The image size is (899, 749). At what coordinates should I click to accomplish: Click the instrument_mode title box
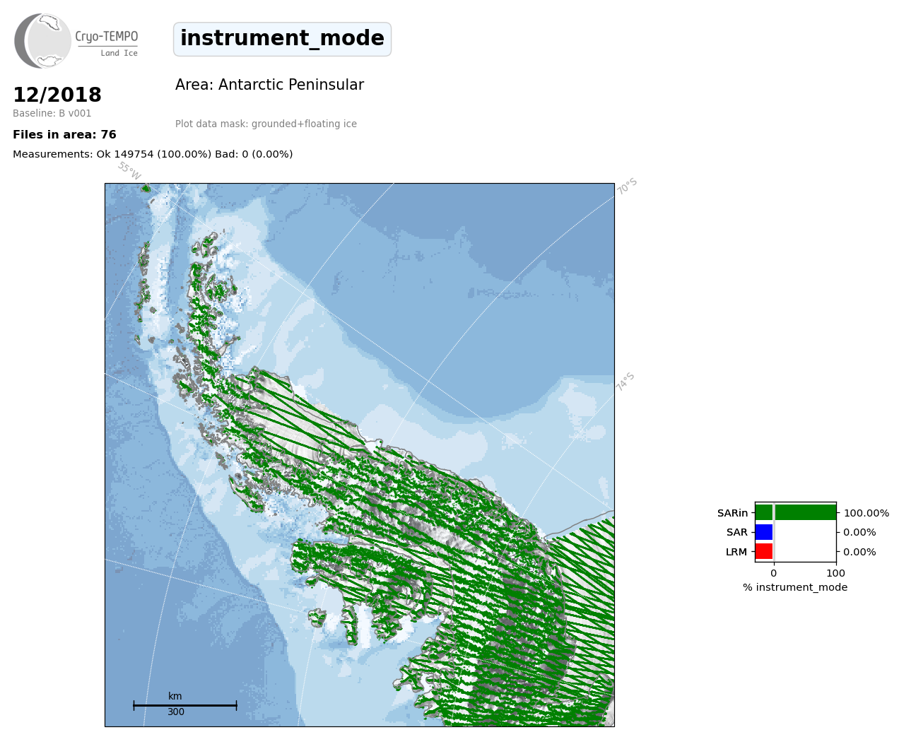coord(282,39)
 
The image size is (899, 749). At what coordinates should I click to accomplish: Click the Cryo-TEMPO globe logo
coord(42,40)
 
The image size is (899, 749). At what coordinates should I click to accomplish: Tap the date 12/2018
coord(57,95)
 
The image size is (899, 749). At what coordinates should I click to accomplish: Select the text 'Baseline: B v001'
coord(52,113)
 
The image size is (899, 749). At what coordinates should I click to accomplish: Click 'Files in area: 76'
coord(64,135)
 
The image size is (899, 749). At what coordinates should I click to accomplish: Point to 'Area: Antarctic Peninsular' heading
coord(269,85)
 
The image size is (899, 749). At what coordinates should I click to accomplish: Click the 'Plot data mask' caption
coord(266,124)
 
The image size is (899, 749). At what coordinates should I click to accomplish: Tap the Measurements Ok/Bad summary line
coord(153,154)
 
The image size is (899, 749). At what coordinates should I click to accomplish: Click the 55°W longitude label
coord(129,171)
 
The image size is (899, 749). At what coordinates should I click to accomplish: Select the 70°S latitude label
coord(627,187)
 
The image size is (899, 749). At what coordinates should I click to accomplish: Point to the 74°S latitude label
coord(625,382)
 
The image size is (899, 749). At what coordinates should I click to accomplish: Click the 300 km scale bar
coord(185,705)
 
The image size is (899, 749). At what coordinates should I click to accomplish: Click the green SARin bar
coord(796,512)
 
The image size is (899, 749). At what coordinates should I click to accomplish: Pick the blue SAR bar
coord(764,532)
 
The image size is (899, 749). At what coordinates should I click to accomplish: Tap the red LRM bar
coord(764,551)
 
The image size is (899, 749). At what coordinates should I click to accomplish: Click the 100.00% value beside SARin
coord(866,513)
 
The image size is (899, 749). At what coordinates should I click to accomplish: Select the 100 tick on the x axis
coord(835,573)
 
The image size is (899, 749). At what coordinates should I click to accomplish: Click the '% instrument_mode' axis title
coord(795,588)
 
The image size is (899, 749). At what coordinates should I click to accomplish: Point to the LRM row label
coord(736,552)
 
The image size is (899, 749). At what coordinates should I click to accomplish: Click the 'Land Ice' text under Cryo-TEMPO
coord(119,54)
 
